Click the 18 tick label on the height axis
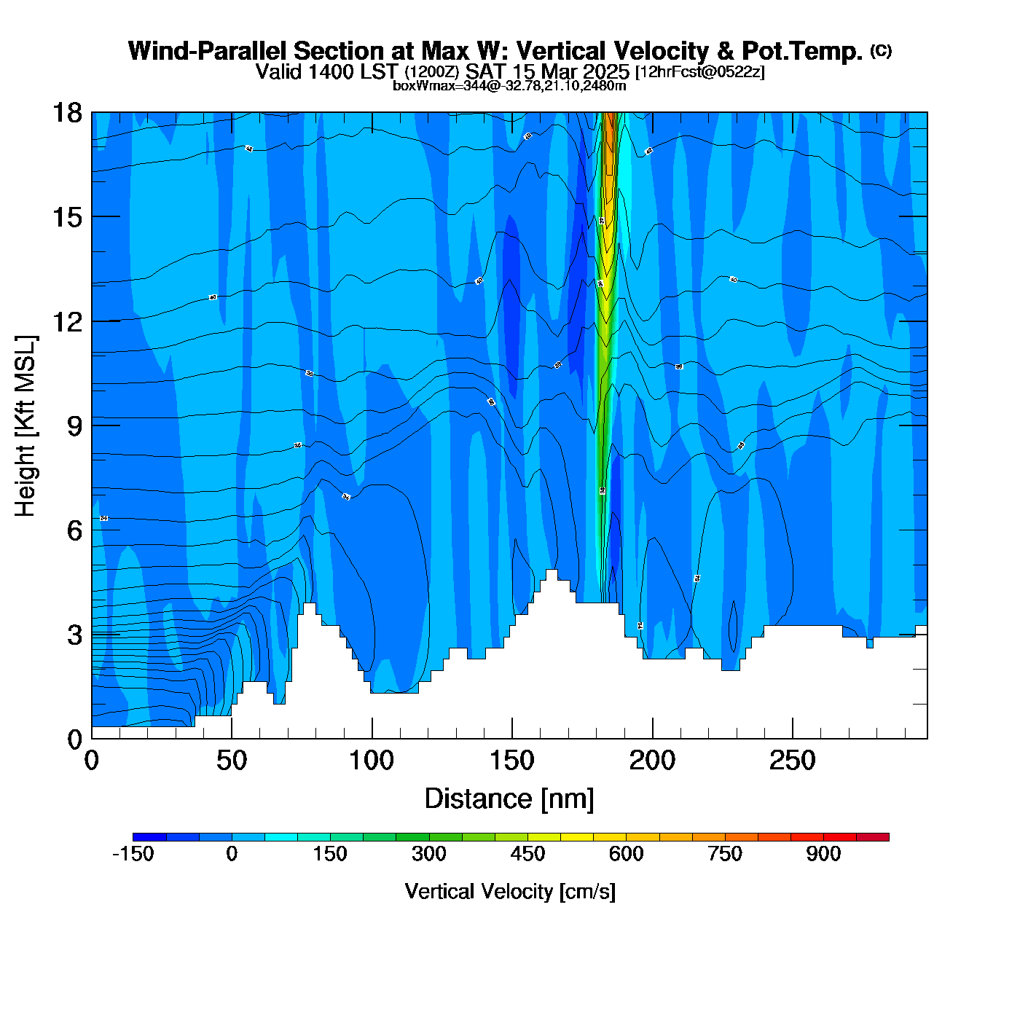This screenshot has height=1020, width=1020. tap(67, 113)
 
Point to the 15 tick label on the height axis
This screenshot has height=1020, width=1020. tap(67, 217)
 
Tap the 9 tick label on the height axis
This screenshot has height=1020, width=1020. tap(75, 426)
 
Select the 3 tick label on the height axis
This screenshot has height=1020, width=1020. tap(75, 635)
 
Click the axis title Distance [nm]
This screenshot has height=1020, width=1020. tap(509, 799)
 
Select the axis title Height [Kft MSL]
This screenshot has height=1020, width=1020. tap(25, 426)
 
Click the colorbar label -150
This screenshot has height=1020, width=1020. tap(133, 854)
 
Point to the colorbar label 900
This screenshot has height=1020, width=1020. tap(823, 854)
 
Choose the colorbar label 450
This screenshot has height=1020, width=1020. tap(527, 854)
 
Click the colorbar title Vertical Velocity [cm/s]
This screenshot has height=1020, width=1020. tap(510, 891)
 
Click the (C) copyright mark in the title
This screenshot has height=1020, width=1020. tap(881, 50)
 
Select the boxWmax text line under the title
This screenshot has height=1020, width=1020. tap(509, 85)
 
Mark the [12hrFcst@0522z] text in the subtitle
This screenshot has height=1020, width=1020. tap(700, 72)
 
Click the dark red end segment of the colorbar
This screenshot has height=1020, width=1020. tap(873, 837)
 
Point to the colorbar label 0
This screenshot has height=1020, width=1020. tap(232, 854)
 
